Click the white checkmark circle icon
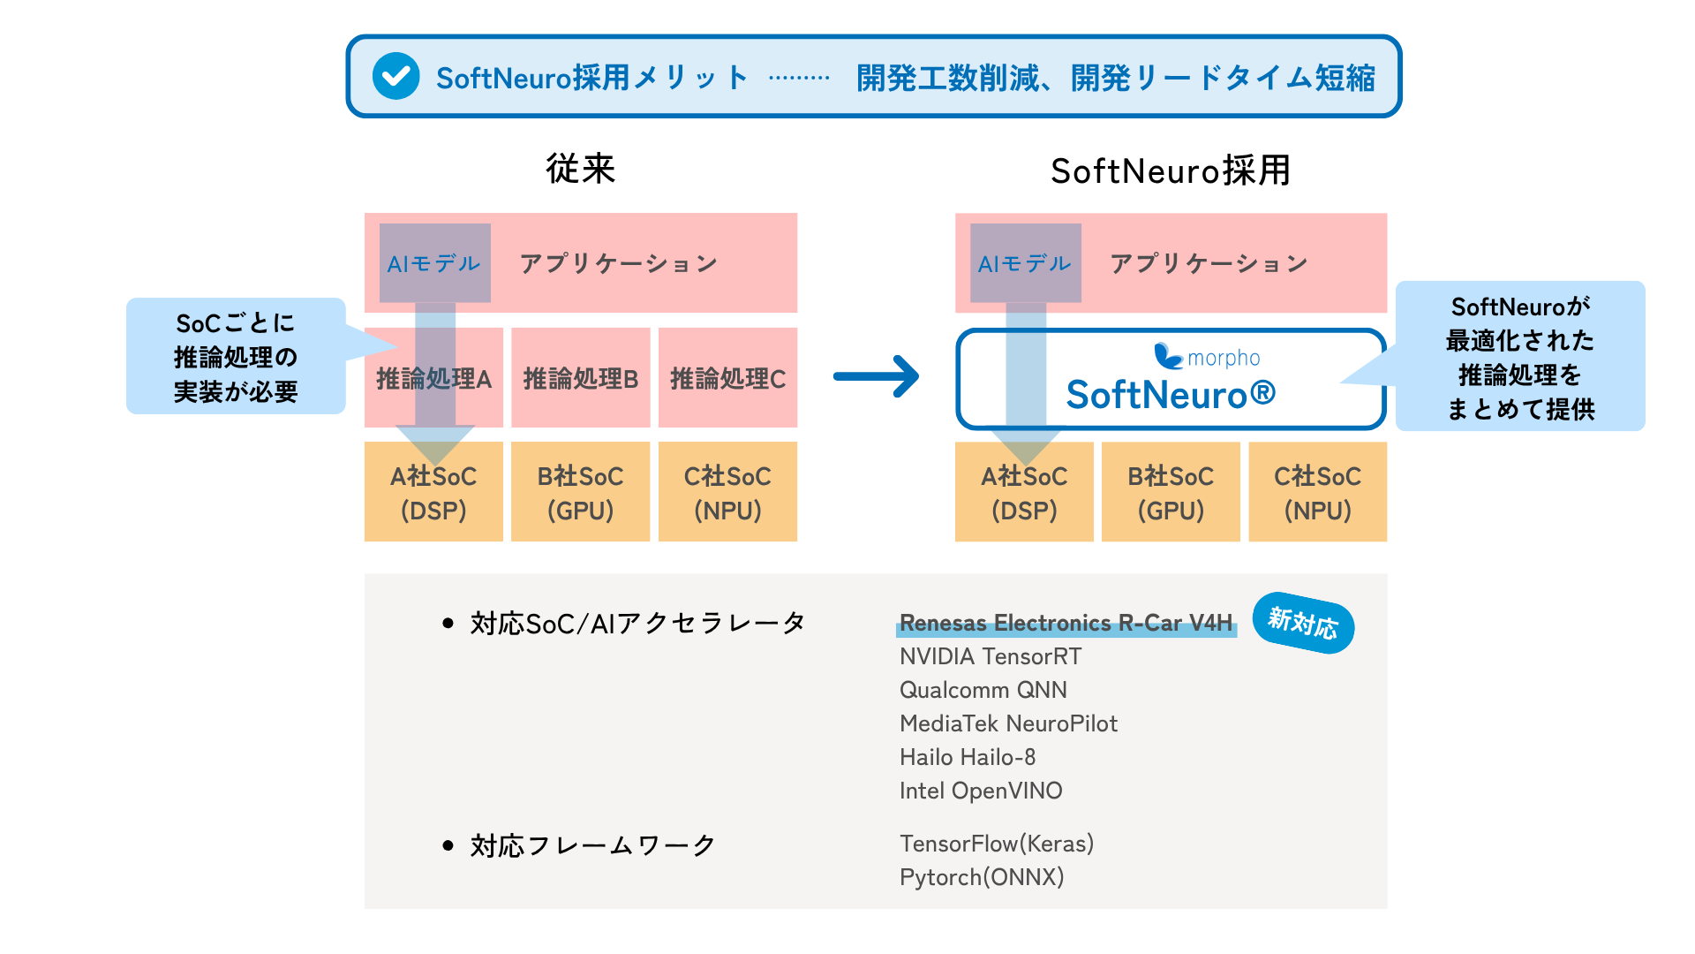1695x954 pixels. point(395,76)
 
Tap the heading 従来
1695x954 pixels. point(580,169)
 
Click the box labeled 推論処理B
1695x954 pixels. point(581,378)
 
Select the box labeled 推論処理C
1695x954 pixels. point(727,378)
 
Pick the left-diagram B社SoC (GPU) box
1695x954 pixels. point(581,491)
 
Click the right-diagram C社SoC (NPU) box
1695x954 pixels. point(1318,491)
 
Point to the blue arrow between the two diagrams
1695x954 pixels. point(876,376)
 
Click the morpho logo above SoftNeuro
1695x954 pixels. point(1207,357)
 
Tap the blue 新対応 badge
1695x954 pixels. point(1303,623)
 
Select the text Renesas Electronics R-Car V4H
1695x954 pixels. point(1066,623)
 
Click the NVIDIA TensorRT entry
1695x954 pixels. point(991,656)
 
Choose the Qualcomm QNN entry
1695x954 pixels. point(983,690)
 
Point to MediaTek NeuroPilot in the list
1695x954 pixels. point(1008,723)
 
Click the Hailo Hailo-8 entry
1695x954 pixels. point(968,757)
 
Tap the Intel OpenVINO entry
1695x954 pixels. point(981,791)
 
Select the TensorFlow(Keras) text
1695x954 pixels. point(997,844)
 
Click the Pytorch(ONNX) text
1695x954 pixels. point(982,877)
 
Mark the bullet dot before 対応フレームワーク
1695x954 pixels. point(448,845)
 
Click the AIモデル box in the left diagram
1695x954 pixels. point(435,263)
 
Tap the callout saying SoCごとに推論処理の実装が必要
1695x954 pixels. point(236,356)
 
